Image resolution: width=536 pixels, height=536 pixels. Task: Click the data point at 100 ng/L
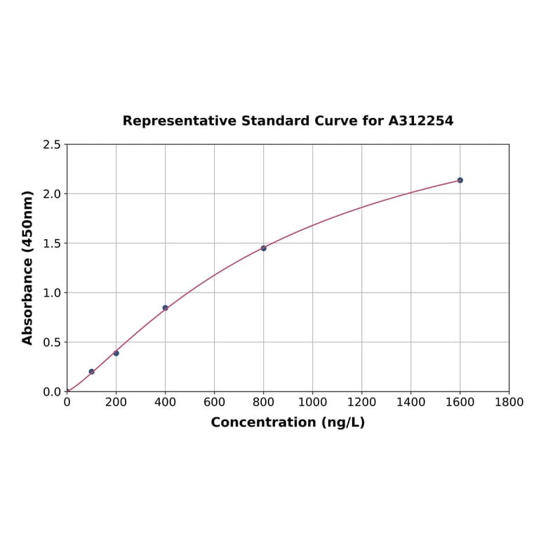tap(92, 372)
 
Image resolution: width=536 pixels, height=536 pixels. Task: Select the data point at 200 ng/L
tap(116, 353)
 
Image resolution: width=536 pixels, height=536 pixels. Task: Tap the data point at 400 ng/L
tap(166, 308)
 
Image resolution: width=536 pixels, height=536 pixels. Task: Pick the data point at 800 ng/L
tap(264, 248)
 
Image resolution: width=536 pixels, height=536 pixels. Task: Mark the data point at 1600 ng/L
tap(460, 180)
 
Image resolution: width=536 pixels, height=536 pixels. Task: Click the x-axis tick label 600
tap(215, 402)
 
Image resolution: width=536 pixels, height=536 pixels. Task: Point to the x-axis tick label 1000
tap(313, 402)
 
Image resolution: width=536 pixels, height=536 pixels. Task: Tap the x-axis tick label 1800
tap(509, 402)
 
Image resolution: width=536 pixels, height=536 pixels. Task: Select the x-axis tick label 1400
tap(411, 402)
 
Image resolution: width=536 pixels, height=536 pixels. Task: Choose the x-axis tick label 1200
tap(362, 402)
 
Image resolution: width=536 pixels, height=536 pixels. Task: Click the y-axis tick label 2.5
tap(52, 145)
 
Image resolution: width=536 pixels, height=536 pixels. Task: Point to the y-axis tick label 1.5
tap(52, 243)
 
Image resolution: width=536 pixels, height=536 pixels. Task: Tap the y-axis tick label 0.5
tap(52, 342)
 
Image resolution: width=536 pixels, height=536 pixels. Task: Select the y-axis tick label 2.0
tap(52, 194)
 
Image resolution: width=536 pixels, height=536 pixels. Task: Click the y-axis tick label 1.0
tap(52, 293)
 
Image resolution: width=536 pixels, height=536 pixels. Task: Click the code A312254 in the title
tap(421, 121)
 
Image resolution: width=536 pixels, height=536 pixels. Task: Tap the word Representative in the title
tap(180, 121)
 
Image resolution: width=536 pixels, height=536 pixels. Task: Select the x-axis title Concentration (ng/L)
tap(288, 422)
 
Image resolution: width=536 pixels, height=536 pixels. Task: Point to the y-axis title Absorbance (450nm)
tap(28, 267)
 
